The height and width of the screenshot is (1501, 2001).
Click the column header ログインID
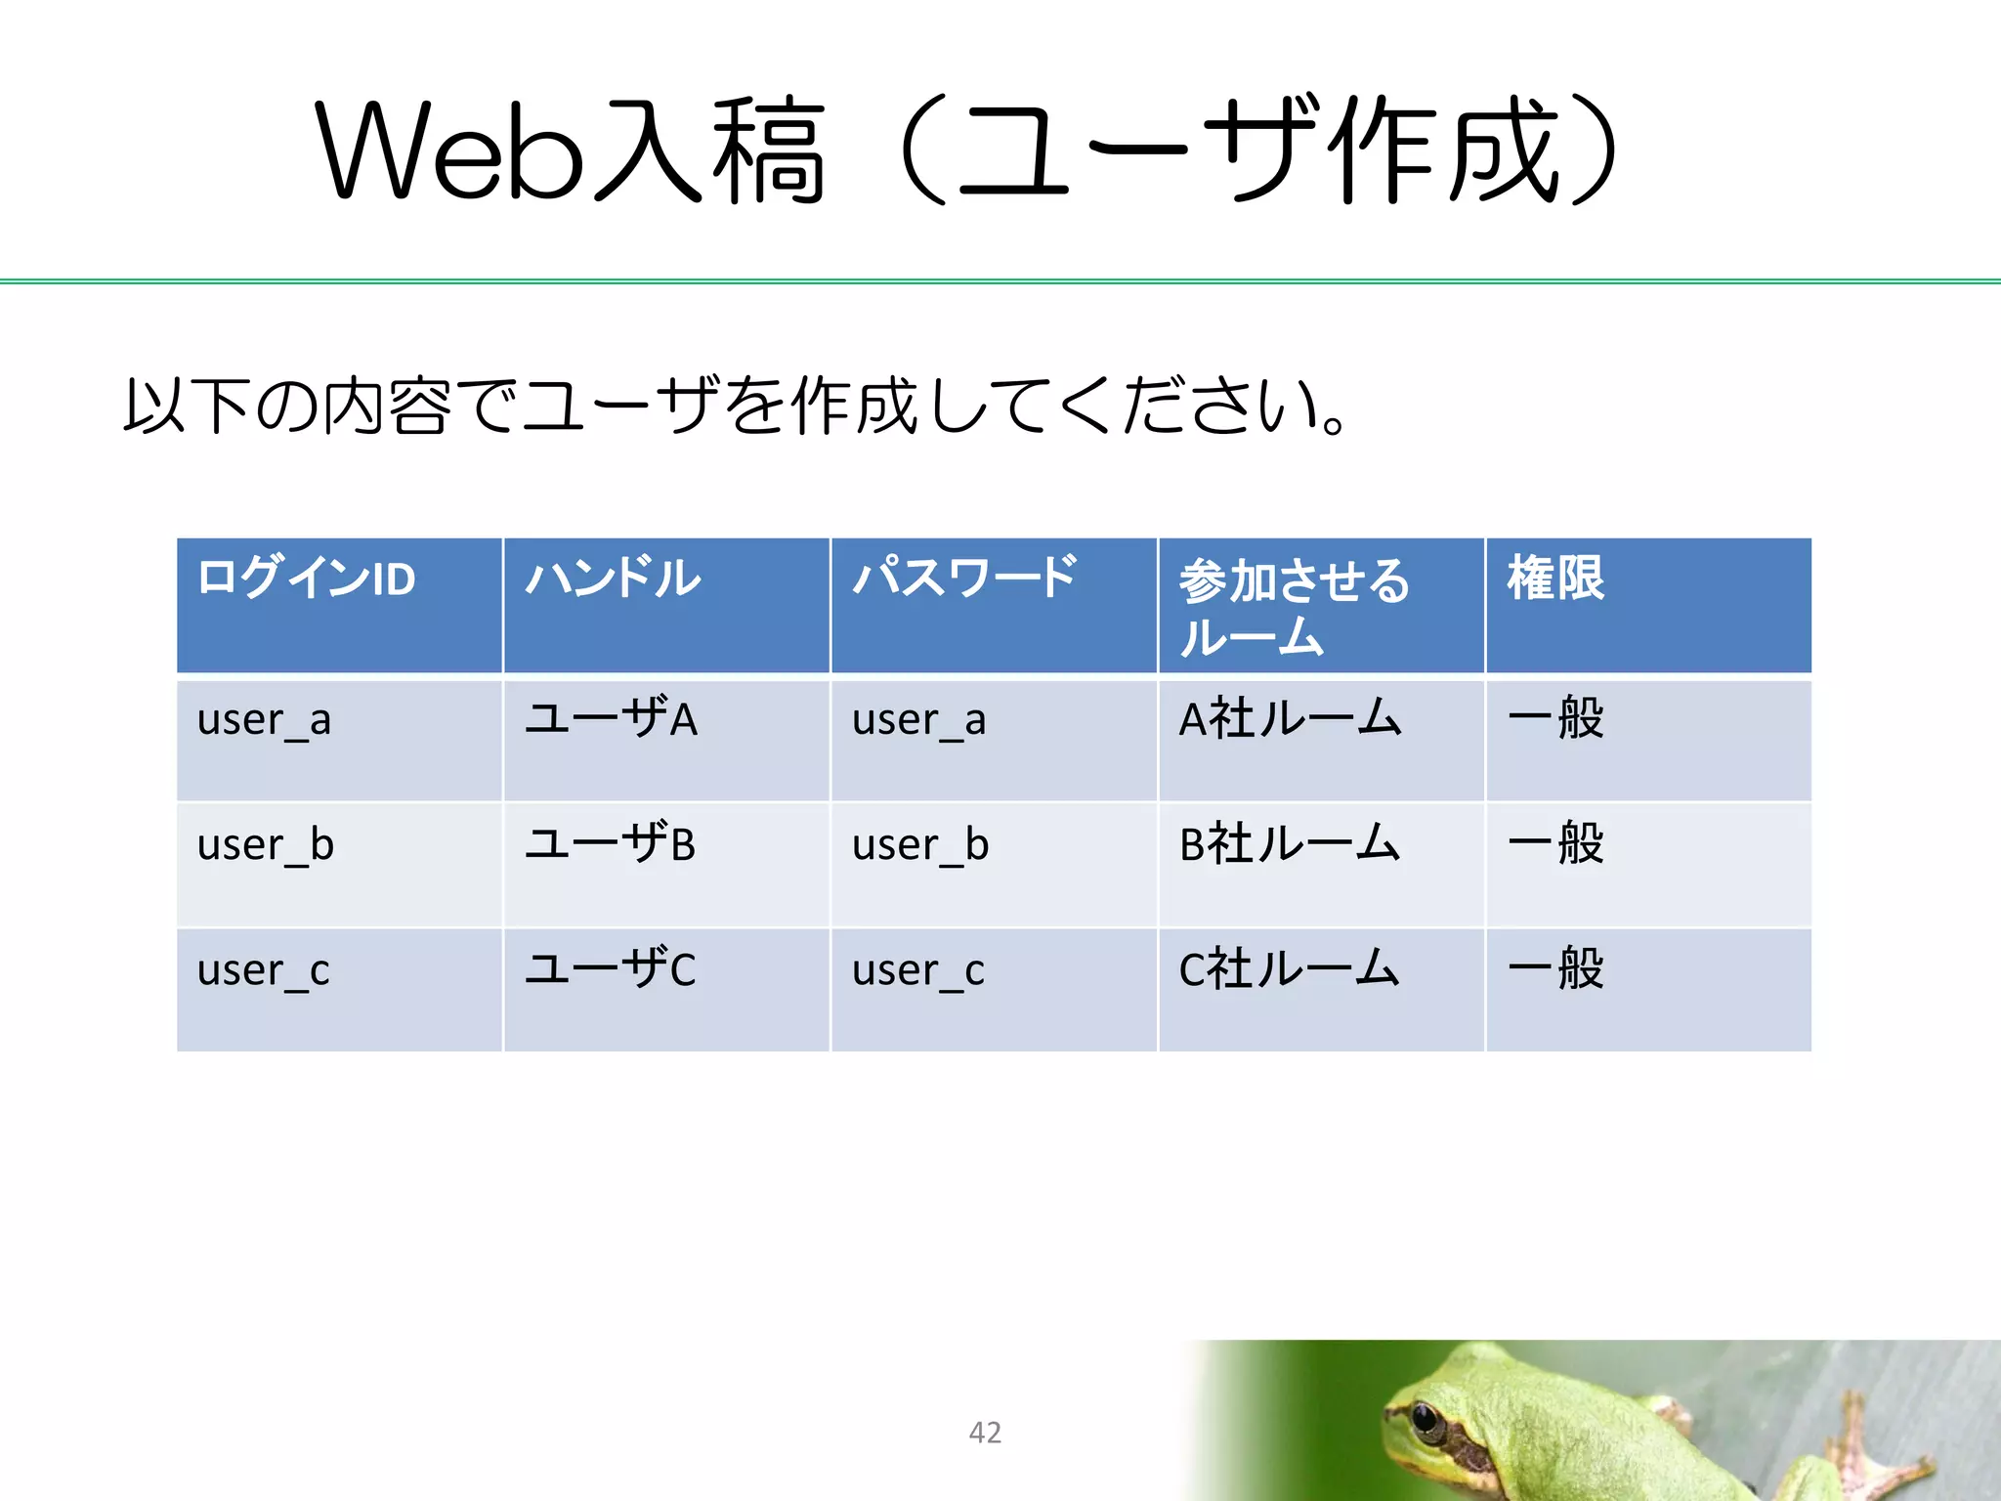click(307, 579)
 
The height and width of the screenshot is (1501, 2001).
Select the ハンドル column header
click(614, 579)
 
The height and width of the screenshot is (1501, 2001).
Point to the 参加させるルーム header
click(1294, 606)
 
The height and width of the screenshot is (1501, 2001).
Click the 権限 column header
click(1555, 578)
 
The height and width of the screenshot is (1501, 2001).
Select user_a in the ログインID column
click(264, 721)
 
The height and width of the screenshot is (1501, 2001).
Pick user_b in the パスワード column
click(920, 845)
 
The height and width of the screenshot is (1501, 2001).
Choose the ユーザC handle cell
click(611, 968)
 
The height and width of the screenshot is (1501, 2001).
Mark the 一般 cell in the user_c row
click(1555, 968)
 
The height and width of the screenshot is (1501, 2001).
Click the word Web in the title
click(449, 151)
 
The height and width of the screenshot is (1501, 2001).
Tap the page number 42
click(985, 1433)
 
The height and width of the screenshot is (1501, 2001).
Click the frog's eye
click(1426, 1418)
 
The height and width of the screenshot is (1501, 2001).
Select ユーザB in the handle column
click(611, 843)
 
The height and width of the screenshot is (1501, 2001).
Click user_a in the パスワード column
click(918, 721)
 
